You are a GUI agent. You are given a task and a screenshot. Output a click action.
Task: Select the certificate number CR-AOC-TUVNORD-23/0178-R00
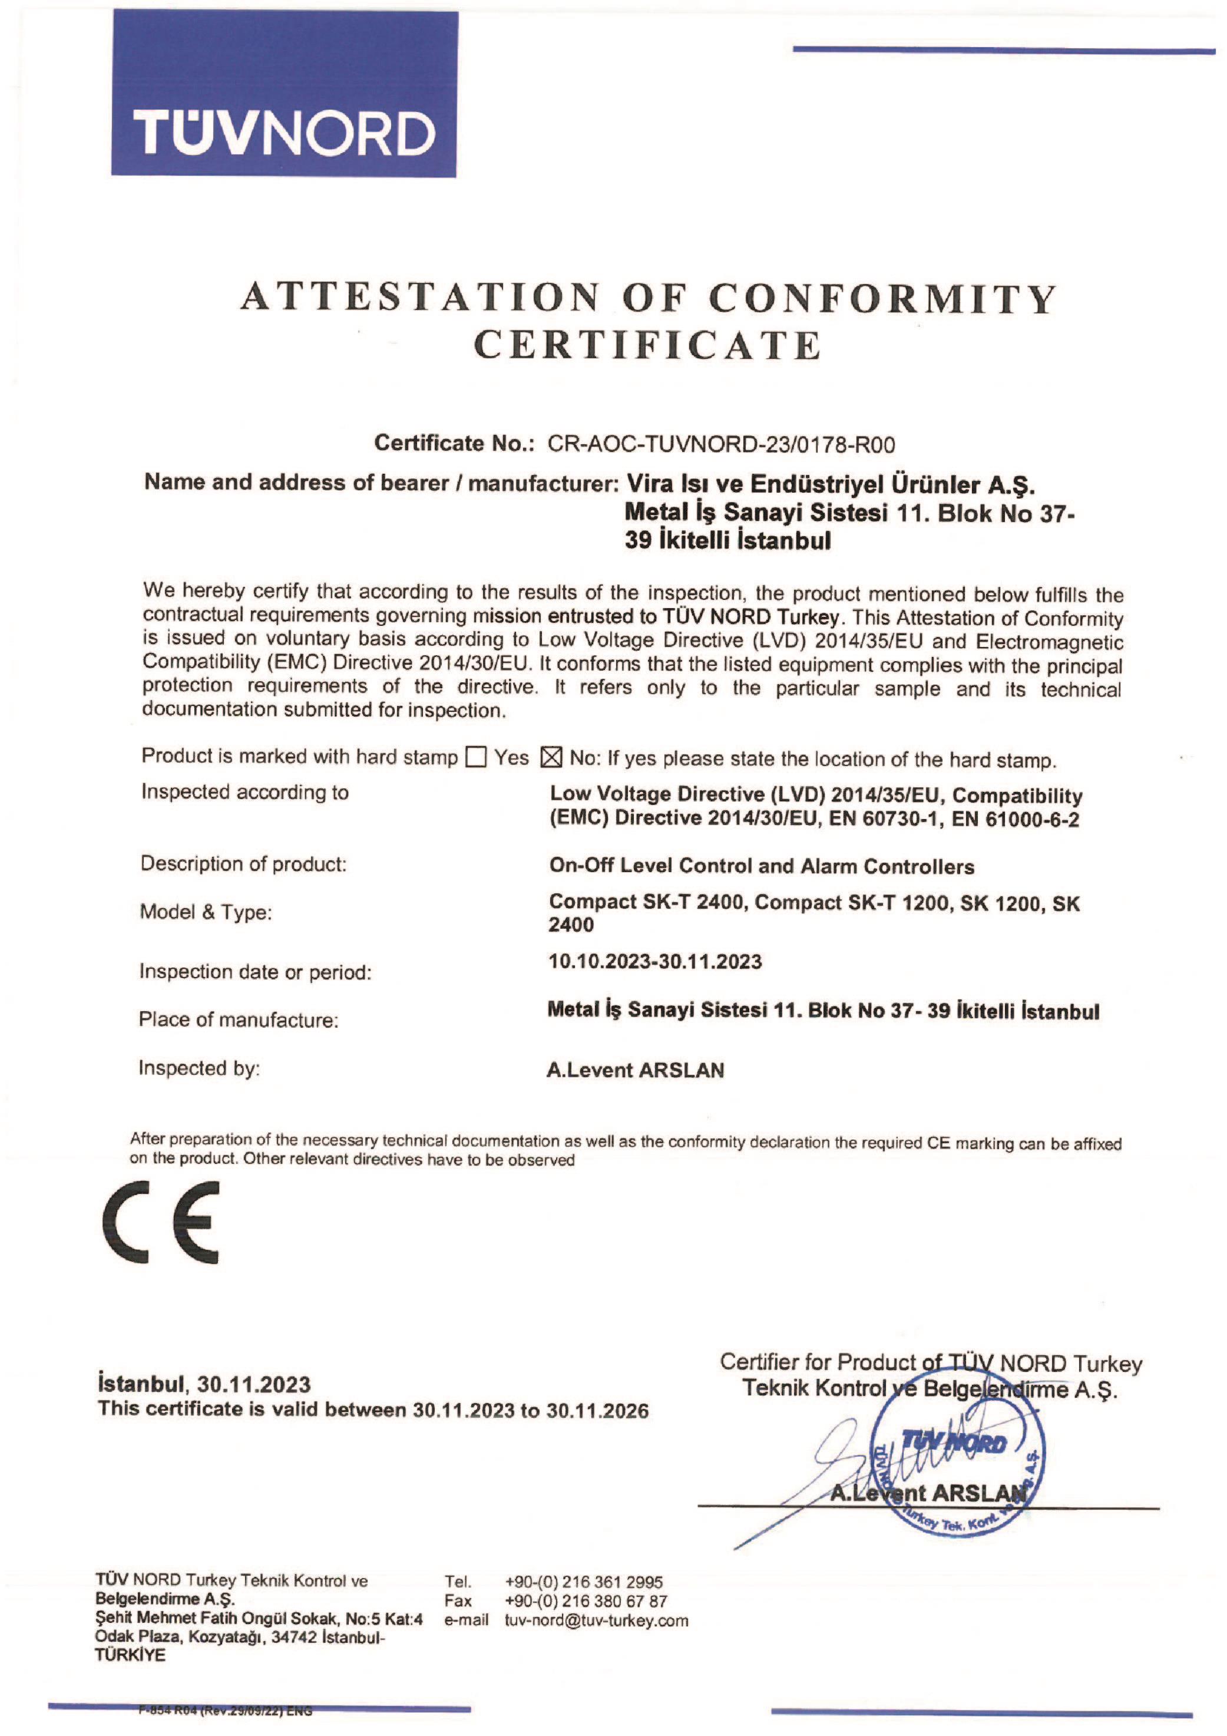coord(720,444)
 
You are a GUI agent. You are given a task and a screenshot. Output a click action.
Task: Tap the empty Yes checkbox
coord(475,757)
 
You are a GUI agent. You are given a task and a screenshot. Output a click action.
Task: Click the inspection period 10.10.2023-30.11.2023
coord(654,962)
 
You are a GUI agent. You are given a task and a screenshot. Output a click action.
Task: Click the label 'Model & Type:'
coord(206,913)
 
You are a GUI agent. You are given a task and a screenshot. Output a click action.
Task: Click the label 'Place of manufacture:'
coord(238,1020)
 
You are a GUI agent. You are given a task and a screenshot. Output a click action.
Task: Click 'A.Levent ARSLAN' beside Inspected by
coord(635,1070)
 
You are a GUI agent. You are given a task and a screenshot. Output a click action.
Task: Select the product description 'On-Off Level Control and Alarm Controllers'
coord(761,866)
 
